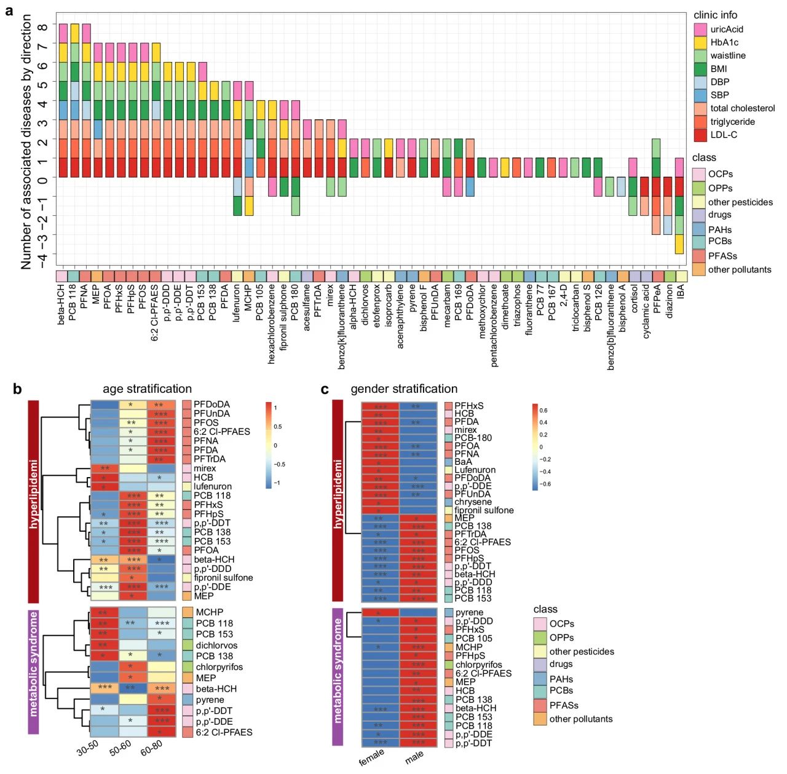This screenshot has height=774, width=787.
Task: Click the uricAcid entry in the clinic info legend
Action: click(x=727, y=30)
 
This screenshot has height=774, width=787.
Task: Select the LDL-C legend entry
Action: click(x=724, y=135)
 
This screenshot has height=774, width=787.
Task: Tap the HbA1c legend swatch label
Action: click(x=724, y=42)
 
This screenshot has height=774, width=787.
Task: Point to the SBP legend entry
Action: click(x=719, y=95)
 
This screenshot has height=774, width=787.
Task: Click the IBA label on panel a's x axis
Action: click(x=681, y=291)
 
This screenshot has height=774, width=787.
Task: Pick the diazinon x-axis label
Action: click(x=670, y=301)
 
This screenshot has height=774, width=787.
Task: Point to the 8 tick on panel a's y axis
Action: click(x=42, y=26)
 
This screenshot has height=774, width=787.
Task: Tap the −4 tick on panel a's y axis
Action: click(x=42, y=255)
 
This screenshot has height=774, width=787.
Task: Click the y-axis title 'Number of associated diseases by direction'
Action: click(x=26, y=141)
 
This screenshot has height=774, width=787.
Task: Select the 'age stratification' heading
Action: click(x=147, y=389)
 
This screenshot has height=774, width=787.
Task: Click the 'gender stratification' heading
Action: click(x=404, y=389)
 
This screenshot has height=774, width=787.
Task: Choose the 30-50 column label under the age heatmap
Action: click(x=88, y=747)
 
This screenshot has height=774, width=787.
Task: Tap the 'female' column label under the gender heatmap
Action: click(x=371, y=757)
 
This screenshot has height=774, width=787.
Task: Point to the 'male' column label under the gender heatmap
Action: click(x=414, y=757)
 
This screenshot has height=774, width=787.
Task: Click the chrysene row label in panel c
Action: click(x=473, y=502)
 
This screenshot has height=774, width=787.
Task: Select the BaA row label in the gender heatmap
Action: click(x=464, y=462)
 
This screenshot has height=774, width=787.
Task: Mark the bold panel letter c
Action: click(x=325, y=389)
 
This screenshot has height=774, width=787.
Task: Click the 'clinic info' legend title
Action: click(x=715, y=15)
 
